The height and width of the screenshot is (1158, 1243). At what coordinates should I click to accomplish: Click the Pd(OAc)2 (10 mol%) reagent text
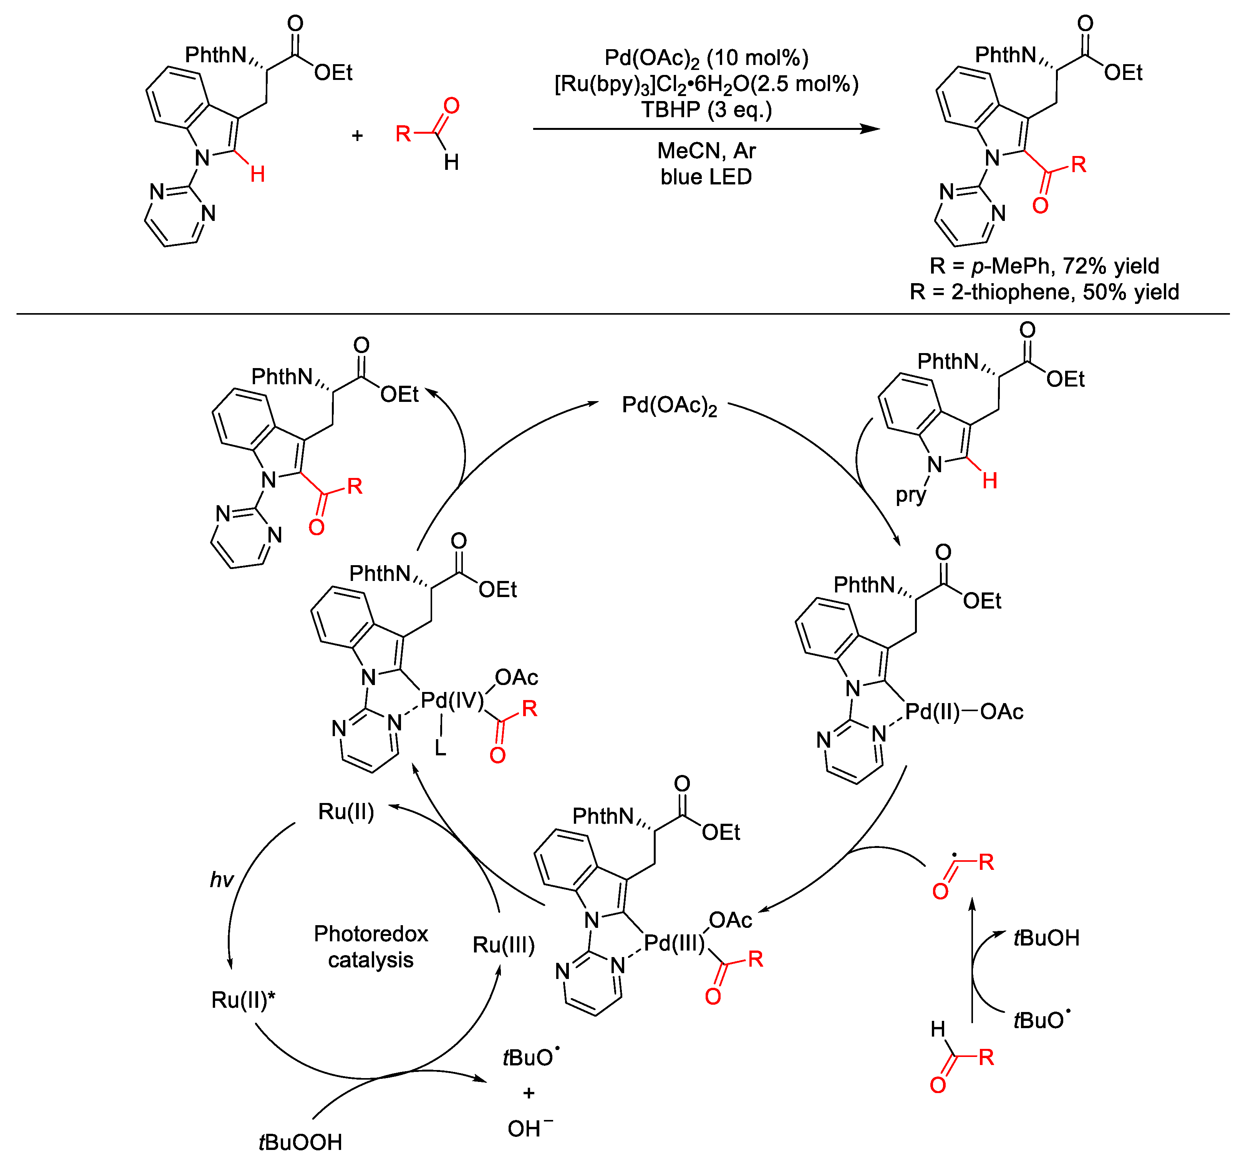pyautogui.click(x=706, y=58)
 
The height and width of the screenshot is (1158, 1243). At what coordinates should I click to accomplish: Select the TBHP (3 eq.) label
pyautogui.click(x=706, y=110)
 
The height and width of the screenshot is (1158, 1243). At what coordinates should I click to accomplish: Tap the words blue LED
pyautogui.click(x=706, y=177)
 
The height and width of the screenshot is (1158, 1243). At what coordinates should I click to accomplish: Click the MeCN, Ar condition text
pyautogui.click(x=706, y=151)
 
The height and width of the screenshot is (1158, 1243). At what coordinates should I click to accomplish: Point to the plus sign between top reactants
pyautogui.click(x=357, y=135)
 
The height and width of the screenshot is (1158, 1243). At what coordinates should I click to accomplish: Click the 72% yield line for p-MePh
pyautogui.click(x=1044, y=266)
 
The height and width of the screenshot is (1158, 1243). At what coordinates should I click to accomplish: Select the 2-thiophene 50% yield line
pyautogui.click(x=1044, y=292)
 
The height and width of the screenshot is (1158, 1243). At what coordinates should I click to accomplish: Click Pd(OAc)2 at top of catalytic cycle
pyautogui.click(x=669, y=406)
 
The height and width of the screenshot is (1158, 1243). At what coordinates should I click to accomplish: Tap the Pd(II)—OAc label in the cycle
pyautogui.click(x=963, y=712)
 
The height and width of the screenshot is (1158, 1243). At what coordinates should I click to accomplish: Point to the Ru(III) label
pyautogui.click(x=503, y=945)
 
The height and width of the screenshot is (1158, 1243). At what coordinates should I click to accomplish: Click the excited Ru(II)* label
pyautogui.click(x=243, y=1000)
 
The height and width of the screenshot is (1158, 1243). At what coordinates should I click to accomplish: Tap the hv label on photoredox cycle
pyautogui.click(x=221, y=880)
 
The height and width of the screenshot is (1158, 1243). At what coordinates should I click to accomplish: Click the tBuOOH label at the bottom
pyautogui.click(x=300, y=1142)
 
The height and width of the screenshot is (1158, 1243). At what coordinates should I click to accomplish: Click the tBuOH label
pyautogui.click(x=1046, y=938)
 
